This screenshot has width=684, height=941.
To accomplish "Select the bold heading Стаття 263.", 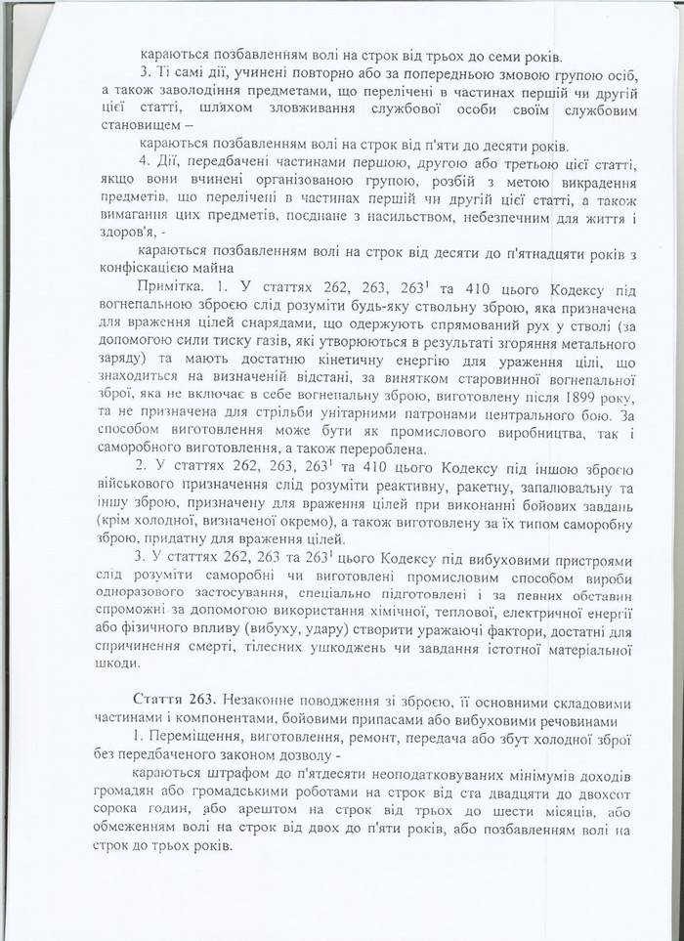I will pos(173,703).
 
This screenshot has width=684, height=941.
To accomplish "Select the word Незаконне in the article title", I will pos(257,703).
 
